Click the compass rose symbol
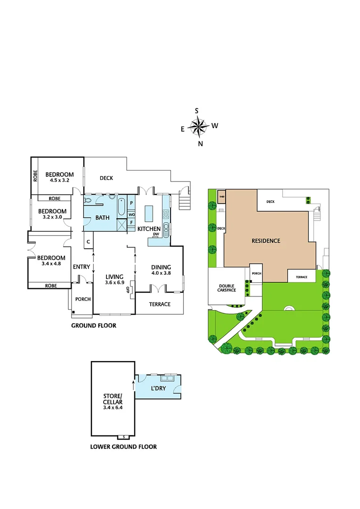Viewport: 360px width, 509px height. click(x=198, y=126)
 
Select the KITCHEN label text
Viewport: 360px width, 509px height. click(x=149, y=229)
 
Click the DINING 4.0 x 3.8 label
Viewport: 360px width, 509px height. click(x=161, y=270)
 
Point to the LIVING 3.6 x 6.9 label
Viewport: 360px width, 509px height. click(x=114, y=279)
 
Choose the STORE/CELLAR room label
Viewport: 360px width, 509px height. click(x=113, y=402)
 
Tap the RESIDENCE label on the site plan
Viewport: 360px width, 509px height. click(x=266, y=241)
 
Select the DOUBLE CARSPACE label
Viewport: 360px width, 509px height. click(x=227, y=288)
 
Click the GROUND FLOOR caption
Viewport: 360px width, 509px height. click(x=93, y=326)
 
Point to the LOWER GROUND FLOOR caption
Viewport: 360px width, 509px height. click(x=123, y=446)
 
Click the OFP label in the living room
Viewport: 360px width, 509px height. click(x=128, y=289)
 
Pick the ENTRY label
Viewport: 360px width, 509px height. click(x=81, y=267)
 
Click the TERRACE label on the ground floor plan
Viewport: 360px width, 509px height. click(x=160, y=304)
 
